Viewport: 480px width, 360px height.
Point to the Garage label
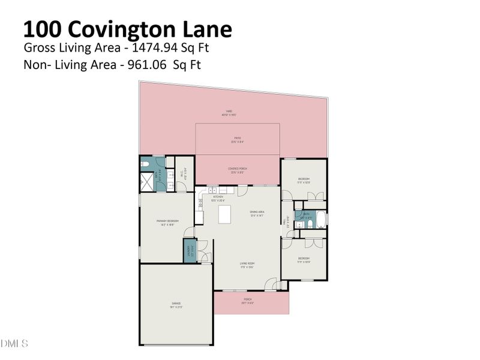[176, 304]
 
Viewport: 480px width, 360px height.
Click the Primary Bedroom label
[165, 223]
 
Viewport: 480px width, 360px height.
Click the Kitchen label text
[217, 197]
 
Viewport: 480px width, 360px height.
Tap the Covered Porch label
[238, 169]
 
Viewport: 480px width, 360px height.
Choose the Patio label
[238, 139]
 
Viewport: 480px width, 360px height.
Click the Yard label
[229, 112]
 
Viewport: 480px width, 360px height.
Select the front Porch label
[247, 300]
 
